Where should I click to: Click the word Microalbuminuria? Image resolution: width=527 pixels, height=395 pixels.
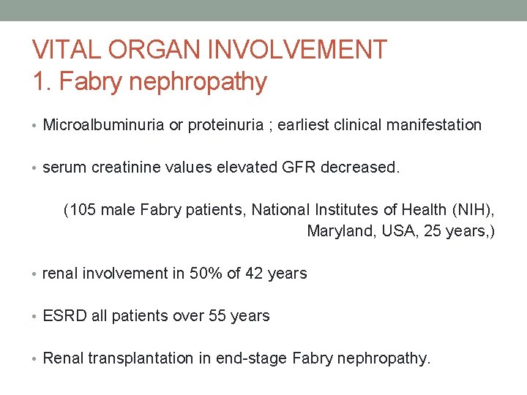tap(104, 125)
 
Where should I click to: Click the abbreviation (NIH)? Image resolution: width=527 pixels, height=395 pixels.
tap(473, 211)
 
